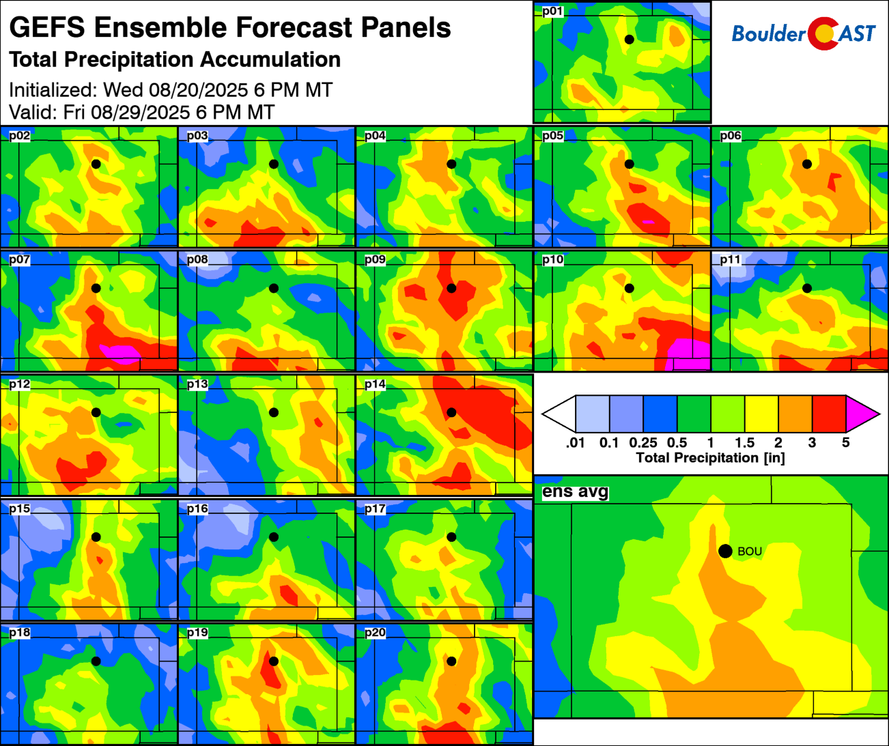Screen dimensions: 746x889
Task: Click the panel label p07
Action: point(20,260)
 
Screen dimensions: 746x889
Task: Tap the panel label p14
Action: point(375,385)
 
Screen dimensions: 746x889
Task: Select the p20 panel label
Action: point(375,633)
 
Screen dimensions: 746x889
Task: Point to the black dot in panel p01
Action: point(629,40)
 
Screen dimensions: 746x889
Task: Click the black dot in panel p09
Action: point(451,288)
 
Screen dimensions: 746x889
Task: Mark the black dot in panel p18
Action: point(96,661)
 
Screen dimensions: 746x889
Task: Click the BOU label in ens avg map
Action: point(750,551)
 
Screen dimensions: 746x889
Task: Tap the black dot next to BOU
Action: point(725,551)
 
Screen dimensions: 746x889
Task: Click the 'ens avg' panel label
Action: point(575,492)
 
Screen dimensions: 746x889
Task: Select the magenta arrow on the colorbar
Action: point(861,414)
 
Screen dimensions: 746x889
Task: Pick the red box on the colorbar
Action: point(829,414)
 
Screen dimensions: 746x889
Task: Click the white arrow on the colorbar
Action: point(559,414)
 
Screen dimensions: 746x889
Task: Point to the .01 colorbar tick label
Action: point(576,443)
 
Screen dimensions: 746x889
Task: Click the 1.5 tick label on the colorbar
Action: point(744,443)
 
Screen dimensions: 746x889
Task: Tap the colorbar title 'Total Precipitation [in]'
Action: point(710,458)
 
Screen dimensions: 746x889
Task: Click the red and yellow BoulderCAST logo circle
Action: point(823,33)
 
